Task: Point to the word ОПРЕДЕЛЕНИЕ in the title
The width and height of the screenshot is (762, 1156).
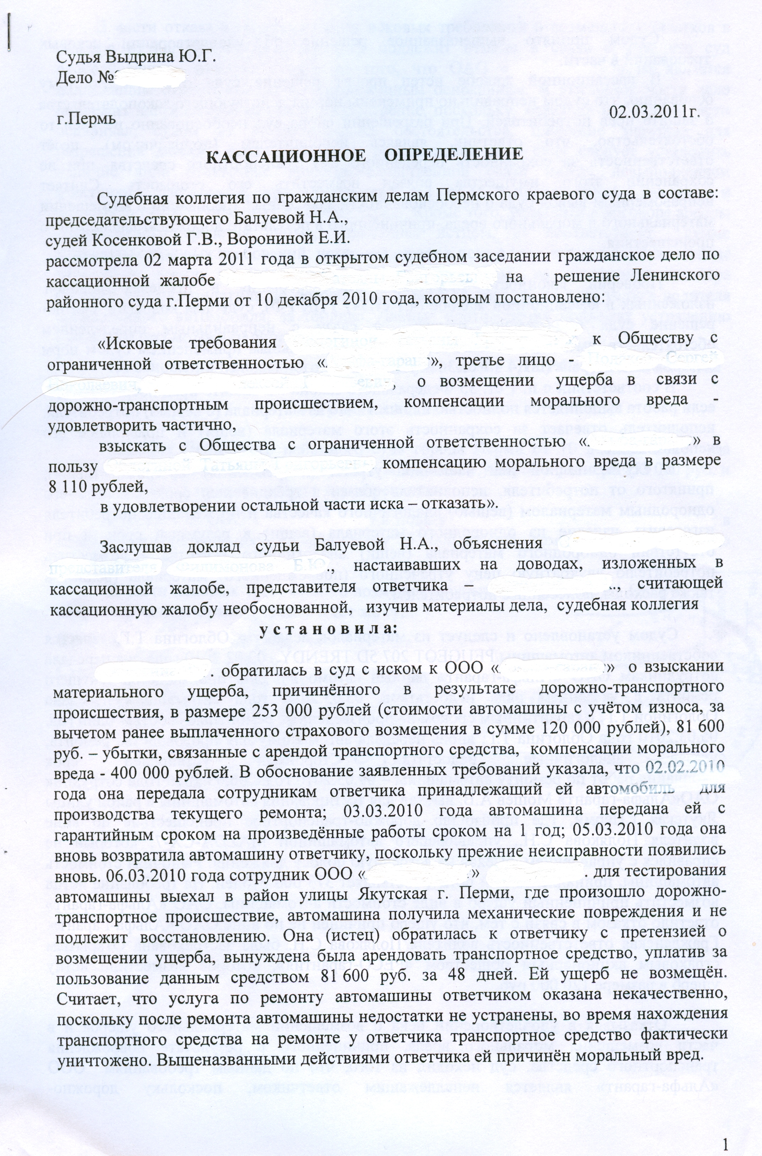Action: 448,156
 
